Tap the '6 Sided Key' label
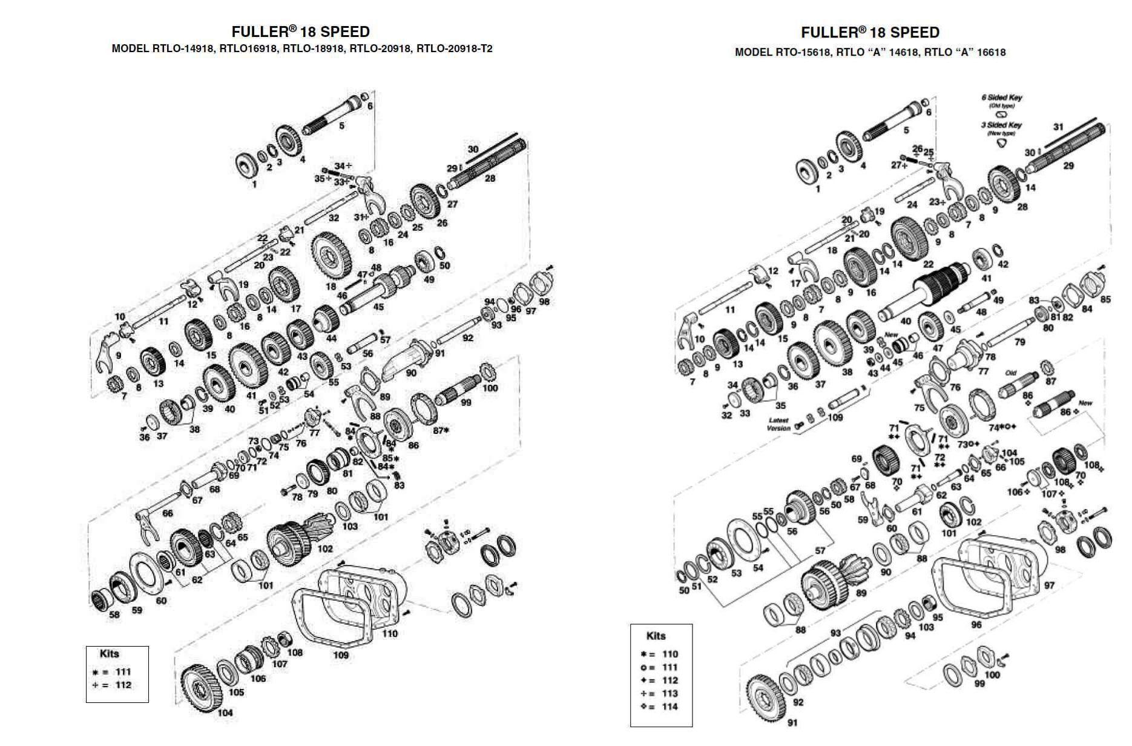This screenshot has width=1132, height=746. click(1002, 98)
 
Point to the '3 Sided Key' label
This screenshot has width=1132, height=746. click(1002, 125)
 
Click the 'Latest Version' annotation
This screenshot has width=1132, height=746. click(778, 424)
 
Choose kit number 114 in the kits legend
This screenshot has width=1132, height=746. click(670, 707)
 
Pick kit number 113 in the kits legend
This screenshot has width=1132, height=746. click(670, 693)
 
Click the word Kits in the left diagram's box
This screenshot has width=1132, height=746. click(110, 654)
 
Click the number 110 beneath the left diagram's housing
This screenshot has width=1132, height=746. click(390, 634)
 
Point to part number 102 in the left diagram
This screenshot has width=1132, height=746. click(325, 549)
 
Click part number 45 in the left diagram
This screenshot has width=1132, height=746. click(378, 307)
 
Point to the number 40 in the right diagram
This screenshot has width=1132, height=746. click(906, 322)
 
